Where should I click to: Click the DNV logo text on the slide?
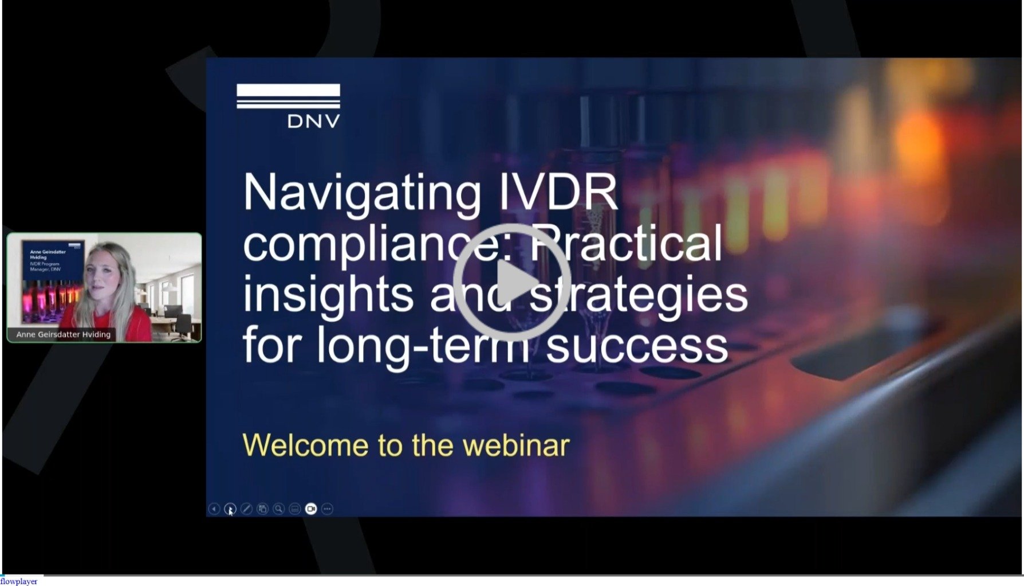(x=313, y=121)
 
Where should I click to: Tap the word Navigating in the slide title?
(x=362, y=193)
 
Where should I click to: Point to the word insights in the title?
(x=328, y=294)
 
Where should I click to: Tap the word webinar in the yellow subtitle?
(x=516, y=446)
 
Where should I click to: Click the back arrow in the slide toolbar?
(x=214, y=509)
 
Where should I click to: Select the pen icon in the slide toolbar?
(x=246, y=509)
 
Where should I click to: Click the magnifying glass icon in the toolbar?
(x=278, y=509)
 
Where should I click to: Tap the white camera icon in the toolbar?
(x=311, y=509)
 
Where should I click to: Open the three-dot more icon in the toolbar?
(x=327, y=509)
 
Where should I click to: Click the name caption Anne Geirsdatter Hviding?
(x=63, y=334)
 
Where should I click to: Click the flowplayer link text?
(x=19, y=581)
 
